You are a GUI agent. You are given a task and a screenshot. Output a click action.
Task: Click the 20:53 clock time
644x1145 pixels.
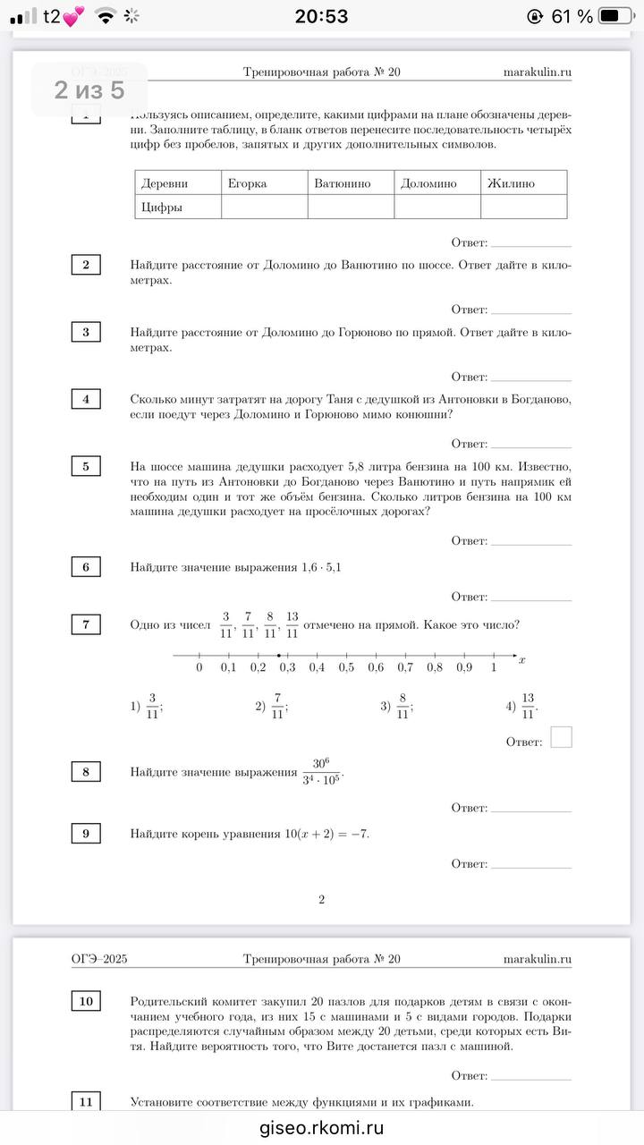click(321, 16)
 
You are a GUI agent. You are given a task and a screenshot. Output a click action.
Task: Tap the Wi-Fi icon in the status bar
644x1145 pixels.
click(106, 16)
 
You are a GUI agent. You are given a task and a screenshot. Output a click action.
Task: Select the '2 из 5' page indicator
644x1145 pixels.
click(89, 89)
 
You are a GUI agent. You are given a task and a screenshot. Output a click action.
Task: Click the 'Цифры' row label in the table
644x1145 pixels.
click(162, 208)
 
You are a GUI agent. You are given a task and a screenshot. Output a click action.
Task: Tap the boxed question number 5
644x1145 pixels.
click(86, 466)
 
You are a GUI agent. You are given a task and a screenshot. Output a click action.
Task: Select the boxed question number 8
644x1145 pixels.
click(86, 771)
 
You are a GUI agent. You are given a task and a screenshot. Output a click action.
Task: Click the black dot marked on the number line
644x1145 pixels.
click(279, 656)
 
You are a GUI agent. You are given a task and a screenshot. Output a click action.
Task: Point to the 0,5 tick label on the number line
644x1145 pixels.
click(346, 667)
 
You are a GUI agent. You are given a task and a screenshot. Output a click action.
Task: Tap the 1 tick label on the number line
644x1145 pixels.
click(494, 667)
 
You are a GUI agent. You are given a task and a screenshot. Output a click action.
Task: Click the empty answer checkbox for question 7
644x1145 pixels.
click(561, 737)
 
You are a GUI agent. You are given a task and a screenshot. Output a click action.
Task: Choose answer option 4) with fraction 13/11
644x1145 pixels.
click(522, 707)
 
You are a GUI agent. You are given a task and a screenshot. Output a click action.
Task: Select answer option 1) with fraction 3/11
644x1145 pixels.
click(147, 707)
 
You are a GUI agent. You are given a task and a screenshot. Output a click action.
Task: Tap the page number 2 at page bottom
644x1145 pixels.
click(321, 899)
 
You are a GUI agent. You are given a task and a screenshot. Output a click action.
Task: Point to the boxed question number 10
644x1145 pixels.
click(86, 1001)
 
